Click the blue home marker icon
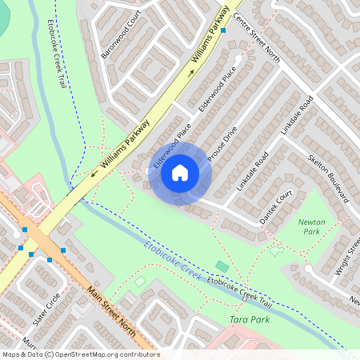point(180,172)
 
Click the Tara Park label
point(249,320)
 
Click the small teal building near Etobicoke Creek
point(222,266)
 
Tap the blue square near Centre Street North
point(223,30)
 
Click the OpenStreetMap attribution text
point(80,354)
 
